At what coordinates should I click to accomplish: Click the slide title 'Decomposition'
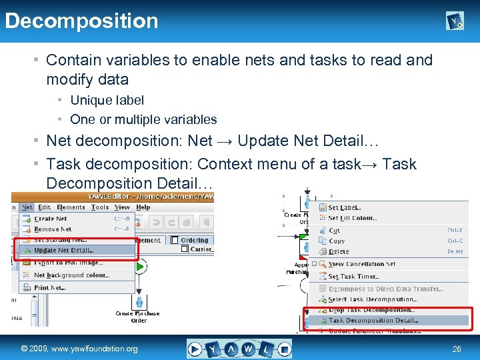coord(81,21)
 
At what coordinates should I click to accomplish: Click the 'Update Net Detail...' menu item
coord(64,250)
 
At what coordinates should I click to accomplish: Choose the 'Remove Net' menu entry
coord(53,229)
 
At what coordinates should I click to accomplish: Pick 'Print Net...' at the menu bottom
coord(50,287)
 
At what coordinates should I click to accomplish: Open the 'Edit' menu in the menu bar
coord(45,207)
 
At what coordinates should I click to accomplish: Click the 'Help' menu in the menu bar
coord(143,207)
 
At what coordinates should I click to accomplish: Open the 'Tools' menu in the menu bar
coord(100,207)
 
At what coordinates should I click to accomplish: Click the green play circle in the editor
coord(141,267)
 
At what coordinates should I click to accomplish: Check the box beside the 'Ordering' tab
coord(175,240)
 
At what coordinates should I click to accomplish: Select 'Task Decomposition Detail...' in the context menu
coord(371,320)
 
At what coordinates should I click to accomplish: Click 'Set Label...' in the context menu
coord(343,208)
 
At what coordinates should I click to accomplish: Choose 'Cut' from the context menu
coord(335,231)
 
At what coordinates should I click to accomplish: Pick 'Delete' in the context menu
coord(339,251)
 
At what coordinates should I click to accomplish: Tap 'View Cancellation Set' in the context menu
coord(362,264)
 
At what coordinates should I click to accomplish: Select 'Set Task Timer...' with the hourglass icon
coord(354,276)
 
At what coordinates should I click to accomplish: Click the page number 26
coord(457,349)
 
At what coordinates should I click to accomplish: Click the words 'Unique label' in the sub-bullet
coord(107,100)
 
